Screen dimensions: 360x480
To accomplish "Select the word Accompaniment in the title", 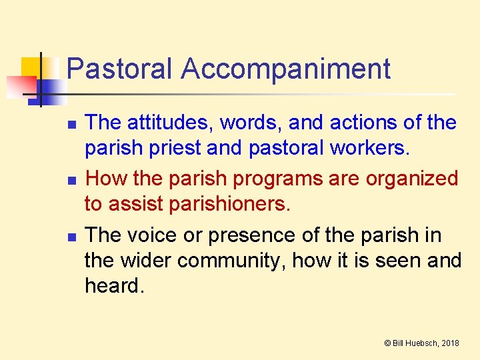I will (x=285, y=69).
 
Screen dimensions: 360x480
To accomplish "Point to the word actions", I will (x=363, y=123).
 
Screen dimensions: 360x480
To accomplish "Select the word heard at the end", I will (x=114, y=286).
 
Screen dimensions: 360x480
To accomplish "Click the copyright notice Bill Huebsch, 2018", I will (x=421, y=343).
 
